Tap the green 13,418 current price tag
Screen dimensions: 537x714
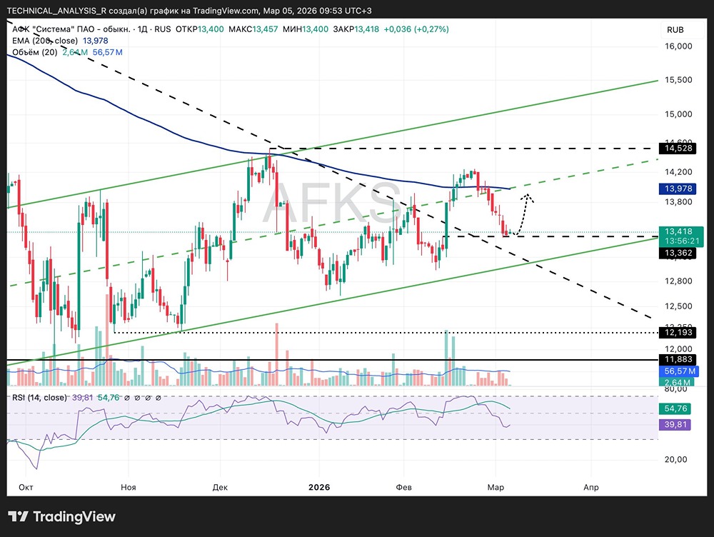(682, 231)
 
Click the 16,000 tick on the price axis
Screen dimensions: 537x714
(680, 46)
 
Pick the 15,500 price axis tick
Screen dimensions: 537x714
(680, 80)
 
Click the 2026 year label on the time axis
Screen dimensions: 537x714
(319, 487)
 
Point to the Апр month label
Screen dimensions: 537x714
(590, 487)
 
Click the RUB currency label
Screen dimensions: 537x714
(675, 30)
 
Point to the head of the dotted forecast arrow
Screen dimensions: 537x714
(528, 194)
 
